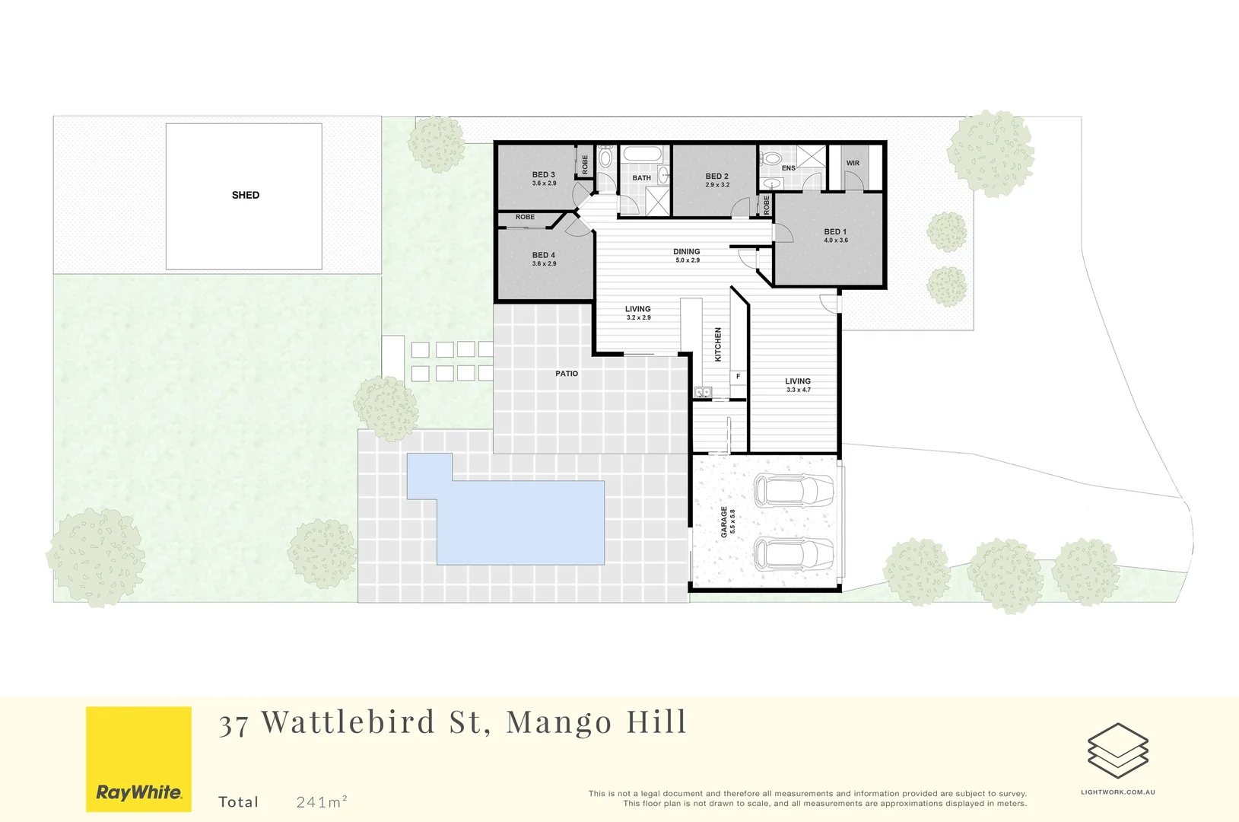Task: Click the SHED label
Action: coord(245,196)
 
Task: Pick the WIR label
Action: coord(853,164)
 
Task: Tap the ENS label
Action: coord(789,168)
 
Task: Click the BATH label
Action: coord(641,178)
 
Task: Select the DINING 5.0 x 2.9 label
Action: coord(687,256)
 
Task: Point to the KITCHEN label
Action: coord(718,344)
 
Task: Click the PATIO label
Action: coord(567,374)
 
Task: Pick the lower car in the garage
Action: coord(793,553)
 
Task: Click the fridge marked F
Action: coord(738,377)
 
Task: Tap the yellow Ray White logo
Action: coord(138,759)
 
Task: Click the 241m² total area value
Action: coord(322,801)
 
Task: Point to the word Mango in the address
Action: coord(559,722)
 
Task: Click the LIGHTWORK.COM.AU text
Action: coord(1117,792)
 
